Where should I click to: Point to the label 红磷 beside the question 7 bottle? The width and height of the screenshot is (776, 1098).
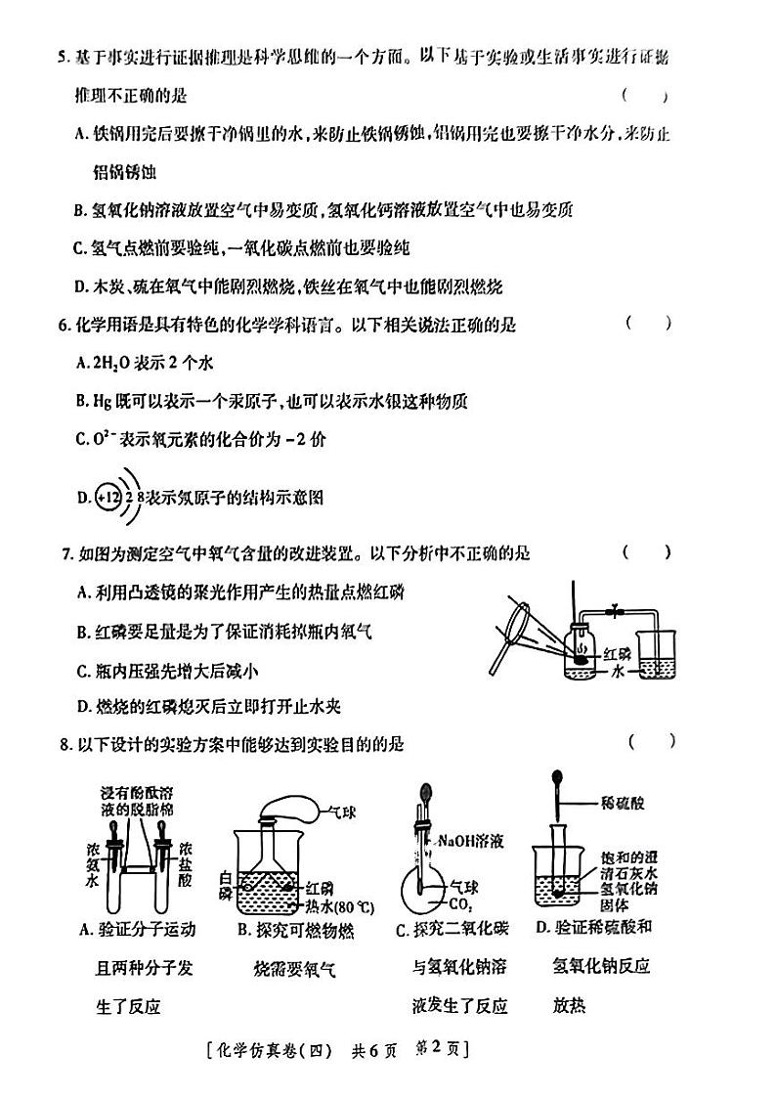[x=618, y=653]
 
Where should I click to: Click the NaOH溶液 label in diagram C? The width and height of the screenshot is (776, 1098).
[x=471, y=840]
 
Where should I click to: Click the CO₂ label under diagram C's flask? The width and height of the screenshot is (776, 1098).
[x=454, y=906]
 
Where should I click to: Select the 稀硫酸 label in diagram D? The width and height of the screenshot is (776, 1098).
[x=623, y=803]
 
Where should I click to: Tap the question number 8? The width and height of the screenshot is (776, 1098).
[x=65, y=745]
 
